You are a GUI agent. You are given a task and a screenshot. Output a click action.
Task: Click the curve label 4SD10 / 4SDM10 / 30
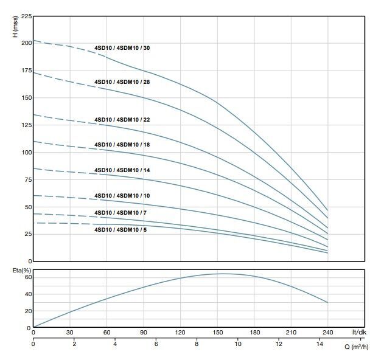click(122, 47)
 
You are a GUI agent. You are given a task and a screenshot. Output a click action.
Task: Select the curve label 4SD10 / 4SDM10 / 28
click(122, 81)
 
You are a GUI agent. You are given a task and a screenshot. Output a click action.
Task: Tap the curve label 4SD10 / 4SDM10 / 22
click(122, 120)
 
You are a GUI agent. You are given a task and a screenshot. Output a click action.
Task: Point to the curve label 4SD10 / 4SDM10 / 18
click(122, 145)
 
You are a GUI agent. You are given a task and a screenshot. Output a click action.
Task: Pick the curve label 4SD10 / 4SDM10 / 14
click(122, 170)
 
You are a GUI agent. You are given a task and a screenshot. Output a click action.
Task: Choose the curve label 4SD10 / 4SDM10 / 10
click(122, 195)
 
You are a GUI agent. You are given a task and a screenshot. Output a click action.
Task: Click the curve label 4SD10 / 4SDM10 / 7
click(120, 212)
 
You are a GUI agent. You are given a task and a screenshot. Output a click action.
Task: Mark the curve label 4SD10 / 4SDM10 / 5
click(120, 230)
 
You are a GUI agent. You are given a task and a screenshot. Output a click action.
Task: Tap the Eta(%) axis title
click(15, 269)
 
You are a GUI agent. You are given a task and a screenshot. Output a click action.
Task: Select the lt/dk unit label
click(359, 333)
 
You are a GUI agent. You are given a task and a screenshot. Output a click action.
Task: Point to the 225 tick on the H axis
click(23, 16)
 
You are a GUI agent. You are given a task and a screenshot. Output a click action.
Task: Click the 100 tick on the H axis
click(23, 152)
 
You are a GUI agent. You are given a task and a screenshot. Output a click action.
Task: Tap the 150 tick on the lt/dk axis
click(217, 333)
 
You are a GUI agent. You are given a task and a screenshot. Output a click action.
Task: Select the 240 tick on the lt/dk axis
click(327, 333)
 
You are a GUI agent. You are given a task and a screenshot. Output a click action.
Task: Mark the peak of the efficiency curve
click(222, 274)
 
